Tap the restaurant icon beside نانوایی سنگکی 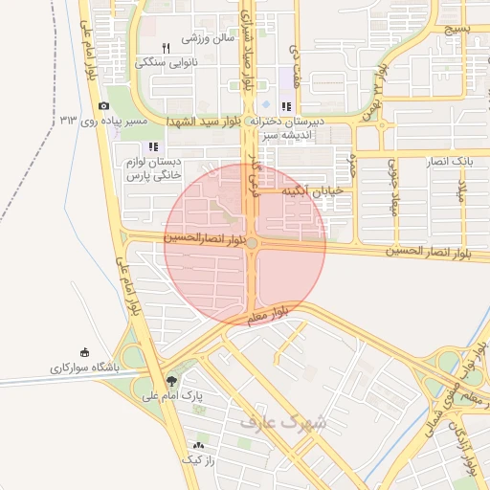[166, 47]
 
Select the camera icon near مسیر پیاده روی [103, 106]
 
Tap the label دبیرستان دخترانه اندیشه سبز [287, 128]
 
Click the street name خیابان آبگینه [310, 192]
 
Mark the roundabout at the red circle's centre [252, 245]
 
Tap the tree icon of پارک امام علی [171, 379]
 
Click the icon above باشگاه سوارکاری [83, 351]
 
